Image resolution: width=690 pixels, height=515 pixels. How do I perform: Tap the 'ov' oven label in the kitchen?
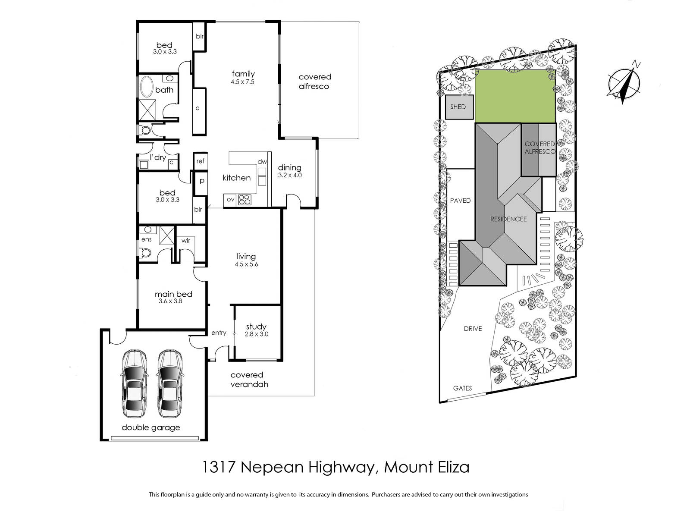tap(230, 199)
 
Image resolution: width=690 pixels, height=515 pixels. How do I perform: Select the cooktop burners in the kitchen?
tap(245, 200)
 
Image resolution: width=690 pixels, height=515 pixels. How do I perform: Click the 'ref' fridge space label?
tap(200, 161)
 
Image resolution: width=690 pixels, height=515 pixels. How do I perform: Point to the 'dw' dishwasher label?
tap(262, 162)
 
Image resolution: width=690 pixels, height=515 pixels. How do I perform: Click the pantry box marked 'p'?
tap(202, 182)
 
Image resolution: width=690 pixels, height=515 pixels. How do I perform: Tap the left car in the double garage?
tap(134, 383)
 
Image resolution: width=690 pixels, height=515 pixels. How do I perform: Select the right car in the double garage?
tap(170, 383)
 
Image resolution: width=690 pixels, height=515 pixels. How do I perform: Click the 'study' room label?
tap(256, 327)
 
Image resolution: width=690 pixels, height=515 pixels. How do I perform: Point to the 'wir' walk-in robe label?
tap(186, 241)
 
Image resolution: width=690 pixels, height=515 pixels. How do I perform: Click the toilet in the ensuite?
tap(144, 252)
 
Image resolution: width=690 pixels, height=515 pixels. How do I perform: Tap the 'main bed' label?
tap(173, 294)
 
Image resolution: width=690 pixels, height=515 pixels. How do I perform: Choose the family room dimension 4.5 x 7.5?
tap(242, 82)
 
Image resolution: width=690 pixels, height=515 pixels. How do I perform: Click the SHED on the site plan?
tap(459, 107)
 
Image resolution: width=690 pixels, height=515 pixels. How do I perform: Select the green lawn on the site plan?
tap(515, 96)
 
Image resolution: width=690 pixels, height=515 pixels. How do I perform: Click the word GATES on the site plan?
tap(462, 388)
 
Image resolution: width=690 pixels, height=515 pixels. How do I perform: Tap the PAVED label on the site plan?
tap(460, 201)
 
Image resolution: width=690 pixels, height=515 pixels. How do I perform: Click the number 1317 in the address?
tap(219, 467)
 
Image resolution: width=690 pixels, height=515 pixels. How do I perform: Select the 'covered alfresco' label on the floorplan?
tap(315, 82)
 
